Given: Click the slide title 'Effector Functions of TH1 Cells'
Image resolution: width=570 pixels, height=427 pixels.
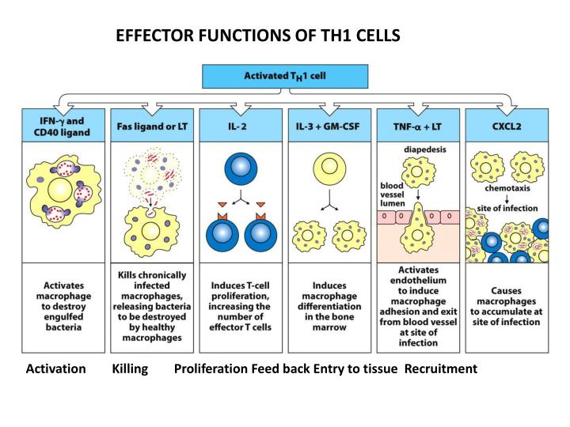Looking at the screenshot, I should (x=258, y=36).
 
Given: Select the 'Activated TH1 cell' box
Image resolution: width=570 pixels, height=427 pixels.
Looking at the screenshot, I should (x=284, y=76).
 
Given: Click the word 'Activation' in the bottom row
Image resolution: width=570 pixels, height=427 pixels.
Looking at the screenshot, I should (x=56, y=368).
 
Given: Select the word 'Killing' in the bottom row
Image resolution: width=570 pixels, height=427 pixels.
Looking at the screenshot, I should (x=131, y=368).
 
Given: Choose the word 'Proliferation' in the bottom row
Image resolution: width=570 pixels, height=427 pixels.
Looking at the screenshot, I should (x=211, y=368).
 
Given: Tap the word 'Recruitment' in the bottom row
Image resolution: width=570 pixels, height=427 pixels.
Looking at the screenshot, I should (x=441, y=368).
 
